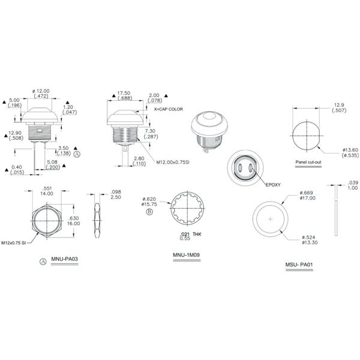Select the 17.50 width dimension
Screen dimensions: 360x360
[x=124, y=93]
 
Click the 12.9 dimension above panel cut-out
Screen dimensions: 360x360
[x=339, y=105]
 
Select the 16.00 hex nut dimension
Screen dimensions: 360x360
[x=73, y=223]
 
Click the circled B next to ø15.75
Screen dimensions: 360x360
[x=141, y=212]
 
